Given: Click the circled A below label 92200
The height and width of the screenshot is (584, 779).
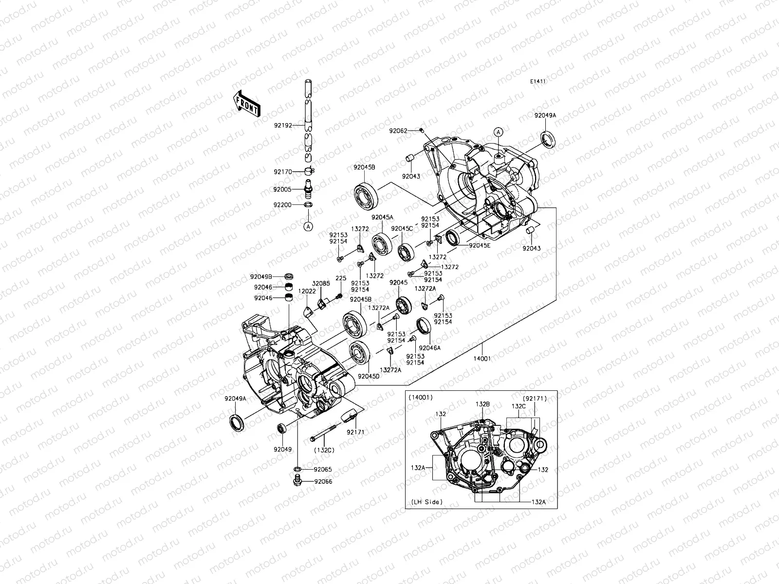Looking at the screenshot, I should pyautogui.click(x=308, y=226).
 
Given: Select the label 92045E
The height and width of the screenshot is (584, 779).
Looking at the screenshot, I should pyautogui.click(x=480, y=246).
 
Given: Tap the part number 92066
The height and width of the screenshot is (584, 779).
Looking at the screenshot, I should pyautogui.click(x=323, y=482).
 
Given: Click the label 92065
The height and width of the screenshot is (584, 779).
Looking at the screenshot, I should pyautogui.click(x=323, y=469).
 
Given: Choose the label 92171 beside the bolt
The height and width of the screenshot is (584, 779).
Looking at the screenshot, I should pyautogui.click(x=355, y=432).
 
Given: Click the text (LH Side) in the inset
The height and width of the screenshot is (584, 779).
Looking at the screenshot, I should pyautogui.click(x=426, y=502).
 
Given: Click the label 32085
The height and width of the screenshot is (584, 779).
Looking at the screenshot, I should pyautogui.click(x=321, y=283).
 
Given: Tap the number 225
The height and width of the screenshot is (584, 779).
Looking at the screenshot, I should pyautogui.click(x=341, y=278).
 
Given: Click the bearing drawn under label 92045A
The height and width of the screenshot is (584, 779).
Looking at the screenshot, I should pyautogui.click(x=383, y=242).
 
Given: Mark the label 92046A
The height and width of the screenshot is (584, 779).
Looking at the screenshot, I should pyautogui.click(x=429, y=348).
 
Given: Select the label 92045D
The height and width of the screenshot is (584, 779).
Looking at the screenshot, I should pyautogui.click(x=368, y=376).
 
